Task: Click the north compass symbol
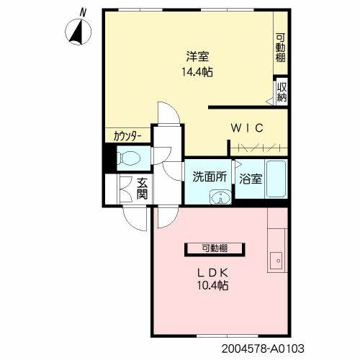[x=78, y=32]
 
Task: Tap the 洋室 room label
[x=197, y=57]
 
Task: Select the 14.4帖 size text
[x=197, y=72]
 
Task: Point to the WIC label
[x=247, y=128]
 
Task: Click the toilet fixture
[x=129, y=158]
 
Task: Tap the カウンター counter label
[x=127, y=136]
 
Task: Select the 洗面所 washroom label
[x=210, y=177]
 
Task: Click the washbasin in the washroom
[x=220, y=197]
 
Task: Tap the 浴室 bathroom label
[x=251, y=179]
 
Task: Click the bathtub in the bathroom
[x=276, y=179]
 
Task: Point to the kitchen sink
[x=276, y=261]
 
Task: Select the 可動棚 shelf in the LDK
[x=215, y=250]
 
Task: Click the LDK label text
[x=212, y=273]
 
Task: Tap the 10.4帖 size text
[x=212, y=286]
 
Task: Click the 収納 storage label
[x=282, y=92]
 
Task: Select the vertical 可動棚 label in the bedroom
[x=280, y=48]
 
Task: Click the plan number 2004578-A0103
[x=263, y=348]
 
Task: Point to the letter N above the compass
[x=83, y=12]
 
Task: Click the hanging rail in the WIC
[x=259, y=148]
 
